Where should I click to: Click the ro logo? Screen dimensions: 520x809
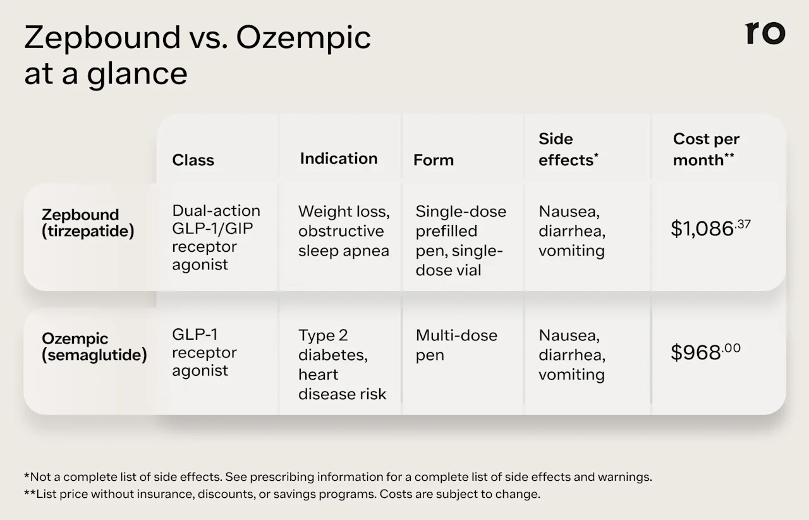pos(765,33)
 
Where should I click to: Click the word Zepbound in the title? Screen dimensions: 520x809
pos(102,38)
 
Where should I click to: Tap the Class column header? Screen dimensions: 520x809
pos(193,160)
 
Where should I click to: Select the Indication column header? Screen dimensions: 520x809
pos(338,158)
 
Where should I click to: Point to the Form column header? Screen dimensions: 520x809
pos(433,160)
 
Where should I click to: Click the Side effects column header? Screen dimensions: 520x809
pos(568,149)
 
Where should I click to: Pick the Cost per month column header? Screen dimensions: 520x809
pos(705,149)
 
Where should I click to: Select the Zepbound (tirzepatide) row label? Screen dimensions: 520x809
pos(88,223)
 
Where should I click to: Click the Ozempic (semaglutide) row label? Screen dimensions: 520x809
pos(94,347)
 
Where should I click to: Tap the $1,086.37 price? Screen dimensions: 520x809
pos(710,228)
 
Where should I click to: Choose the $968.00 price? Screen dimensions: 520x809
pos(705,352)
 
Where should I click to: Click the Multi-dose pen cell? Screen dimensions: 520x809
pos(456,345)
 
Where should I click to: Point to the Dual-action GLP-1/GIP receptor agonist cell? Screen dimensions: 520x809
pos(216,237)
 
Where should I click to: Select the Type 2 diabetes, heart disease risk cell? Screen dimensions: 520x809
pos(341,364)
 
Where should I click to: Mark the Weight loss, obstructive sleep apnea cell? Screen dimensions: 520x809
pos(343,231)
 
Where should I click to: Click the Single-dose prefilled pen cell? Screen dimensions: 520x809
pos(460,240)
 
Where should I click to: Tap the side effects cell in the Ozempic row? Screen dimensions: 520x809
pos(571,354)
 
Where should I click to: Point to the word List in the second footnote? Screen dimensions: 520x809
pos(48,494)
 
